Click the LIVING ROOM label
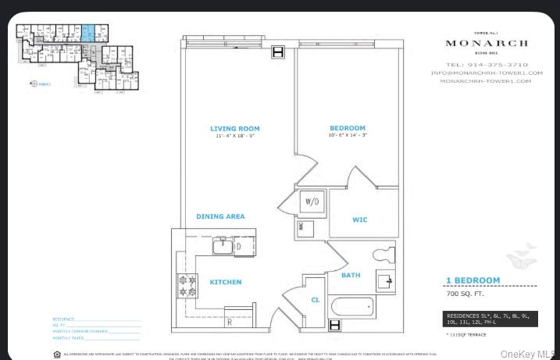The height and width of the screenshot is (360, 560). (x=234, y=128)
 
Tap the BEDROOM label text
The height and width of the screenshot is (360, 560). (x=347, y=128)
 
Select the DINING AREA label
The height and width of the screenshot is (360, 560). (x=220, y=216)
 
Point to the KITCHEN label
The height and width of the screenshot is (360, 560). (x=225, y=282)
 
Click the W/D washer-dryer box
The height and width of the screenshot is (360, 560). (x=312, y=202)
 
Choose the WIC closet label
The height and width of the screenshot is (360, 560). (x=359, y=220)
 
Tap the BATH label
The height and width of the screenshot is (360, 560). (x=351, y=275)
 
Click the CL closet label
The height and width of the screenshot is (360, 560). (x=315, y=299)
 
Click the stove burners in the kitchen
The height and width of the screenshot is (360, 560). (x=187, y=286)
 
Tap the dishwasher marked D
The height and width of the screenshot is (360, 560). (x=238, y=247)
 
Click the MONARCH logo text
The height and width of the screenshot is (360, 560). (x=486, y=43)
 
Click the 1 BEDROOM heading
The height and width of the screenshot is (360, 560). (x=473, y=280)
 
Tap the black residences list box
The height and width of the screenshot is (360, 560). (x=485, y=318)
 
